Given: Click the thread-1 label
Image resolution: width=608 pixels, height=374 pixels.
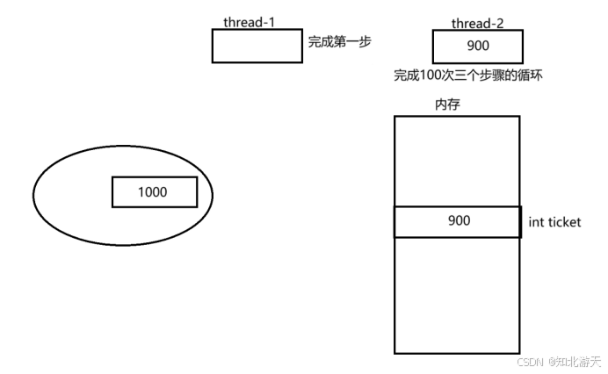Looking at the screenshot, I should pos(250,22).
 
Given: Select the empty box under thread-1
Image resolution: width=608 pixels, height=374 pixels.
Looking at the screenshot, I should pos(257,46).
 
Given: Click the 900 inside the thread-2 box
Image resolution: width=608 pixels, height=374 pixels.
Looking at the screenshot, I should pos(478,46).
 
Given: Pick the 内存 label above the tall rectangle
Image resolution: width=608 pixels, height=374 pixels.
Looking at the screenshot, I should pos(448,104).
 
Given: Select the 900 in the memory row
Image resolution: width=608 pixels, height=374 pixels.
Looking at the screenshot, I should pos(459,221).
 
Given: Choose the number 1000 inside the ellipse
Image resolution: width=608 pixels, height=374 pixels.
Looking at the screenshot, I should pos(153,191).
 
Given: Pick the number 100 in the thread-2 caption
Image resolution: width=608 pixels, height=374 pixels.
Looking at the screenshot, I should pos(432,76).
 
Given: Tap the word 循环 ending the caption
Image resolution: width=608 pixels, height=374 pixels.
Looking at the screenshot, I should pos(530,76).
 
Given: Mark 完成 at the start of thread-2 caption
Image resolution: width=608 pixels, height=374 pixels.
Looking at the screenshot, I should pos(409,76).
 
